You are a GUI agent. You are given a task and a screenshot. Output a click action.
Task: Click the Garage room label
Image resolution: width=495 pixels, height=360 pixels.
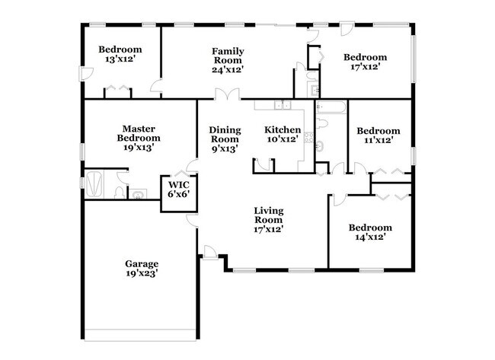coord(142,264)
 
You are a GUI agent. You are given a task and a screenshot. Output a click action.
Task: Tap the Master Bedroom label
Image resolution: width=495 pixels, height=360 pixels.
coord(138,133)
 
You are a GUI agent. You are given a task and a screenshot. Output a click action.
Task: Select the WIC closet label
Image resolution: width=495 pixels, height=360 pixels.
coord(177,184)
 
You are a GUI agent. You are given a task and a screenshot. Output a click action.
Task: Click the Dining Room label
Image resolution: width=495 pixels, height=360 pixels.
coord(225,135)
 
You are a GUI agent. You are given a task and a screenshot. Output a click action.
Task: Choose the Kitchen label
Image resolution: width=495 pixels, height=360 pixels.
coord(283,130)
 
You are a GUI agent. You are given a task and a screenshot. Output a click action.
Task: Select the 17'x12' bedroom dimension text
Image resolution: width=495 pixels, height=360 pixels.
coord(364,67)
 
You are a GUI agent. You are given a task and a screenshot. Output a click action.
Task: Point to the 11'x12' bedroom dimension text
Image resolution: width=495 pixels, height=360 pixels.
coord(378,141)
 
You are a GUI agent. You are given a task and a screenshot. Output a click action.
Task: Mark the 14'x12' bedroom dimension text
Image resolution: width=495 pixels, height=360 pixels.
coord(369,237)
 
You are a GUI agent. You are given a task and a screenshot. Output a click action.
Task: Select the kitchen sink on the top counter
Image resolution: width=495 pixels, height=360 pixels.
coord(282,105)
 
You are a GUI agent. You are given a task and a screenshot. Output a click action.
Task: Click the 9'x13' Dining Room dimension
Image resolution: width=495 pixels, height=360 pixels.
coord(225,149)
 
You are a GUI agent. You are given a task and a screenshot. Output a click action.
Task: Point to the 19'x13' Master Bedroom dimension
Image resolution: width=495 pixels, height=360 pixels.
coord(138,148)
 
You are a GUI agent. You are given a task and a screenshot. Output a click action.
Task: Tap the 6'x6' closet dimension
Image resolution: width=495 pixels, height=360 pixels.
coord(177,194)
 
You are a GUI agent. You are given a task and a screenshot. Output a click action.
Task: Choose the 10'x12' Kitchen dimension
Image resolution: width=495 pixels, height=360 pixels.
coord(283,140)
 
